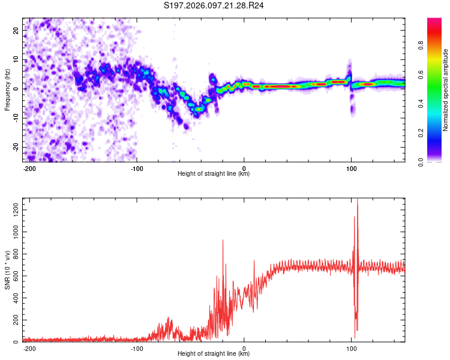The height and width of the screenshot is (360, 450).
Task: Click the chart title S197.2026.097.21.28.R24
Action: [214, 6]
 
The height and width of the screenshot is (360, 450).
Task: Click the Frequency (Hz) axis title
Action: [7, 89]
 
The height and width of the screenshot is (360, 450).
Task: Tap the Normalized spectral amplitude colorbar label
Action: [446, 90]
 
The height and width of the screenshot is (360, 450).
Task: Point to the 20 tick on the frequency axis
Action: [16, 30]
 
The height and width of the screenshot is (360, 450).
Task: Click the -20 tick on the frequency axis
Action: [15, 147]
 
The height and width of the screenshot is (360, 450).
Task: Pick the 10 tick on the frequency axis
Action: [16, 59]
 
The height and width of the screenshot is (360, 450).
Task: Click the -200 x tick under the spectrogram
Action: [29, 168]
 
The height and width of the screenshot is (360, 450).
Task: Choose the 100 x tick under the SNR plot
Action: [352, 348]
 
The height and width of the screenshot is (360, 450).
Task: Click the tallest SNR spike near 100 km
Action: [358, 200]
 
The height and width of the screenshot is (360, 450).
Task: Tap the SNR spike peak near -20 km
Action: [223, 240]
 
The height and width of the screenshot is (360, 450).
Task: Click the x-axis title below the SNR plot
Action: [214, 355]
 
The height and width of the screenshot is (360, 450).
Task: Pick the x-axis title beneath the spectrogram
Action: [214, 174]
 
